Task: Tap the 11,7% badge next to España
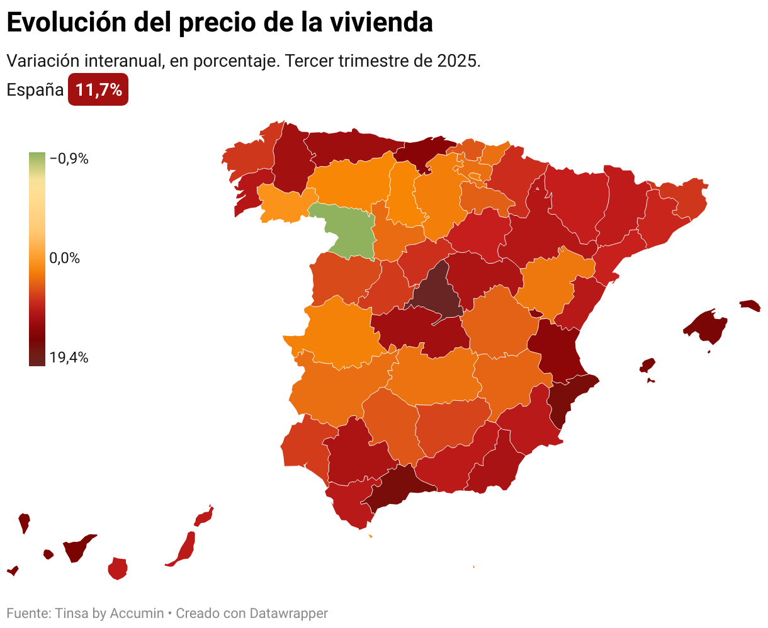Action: pyautogui.click(x=98, y=90)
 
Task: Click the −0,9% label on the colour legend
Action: pyautogui.click(x=69, y=159)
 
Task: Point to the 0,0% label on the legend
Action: pyautogui.click(x=65, y=258)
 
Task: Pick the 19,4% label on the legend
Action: pyautogui.click(x=69, y=358)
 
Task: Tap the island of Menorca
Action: pyautogui.click(x=750, y=305)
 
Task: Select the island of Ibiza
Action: pyautogui.click(x=647, y=366)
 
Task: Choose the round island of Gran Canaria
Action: pyautogui.click(x=118, y=568)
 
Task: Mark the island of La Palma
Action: pyautogui.click(x=24, y=522)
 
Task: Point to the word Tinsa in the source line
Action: pyautogui.click(x=72, y=613)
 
